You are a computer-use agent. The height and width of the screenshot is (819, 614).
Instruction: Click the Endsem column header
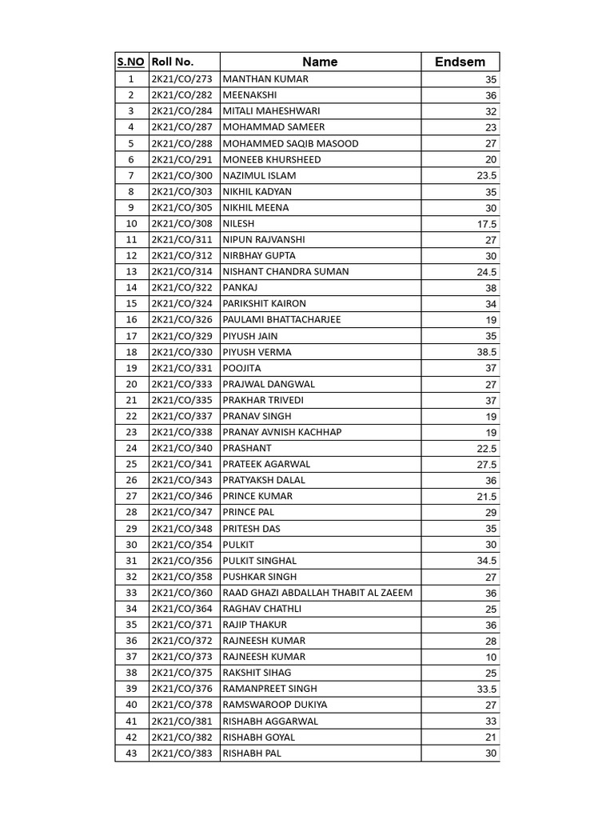pos(460,62)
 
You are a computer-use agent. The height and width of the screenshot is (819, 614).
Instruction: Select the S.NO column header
pos(131,62)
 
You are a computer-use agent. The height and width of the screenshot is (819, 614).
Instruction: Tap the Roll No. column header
pos(173,62)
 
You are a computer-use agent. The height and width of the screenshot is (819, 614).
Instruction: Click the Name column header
pos(320,62)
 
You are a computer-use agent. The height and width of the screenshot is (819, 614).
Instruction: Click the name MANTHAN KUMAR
pos(265,79)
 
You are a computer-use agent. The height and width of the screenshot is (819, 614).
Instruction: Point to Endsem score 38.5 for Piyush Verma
pos(487,352)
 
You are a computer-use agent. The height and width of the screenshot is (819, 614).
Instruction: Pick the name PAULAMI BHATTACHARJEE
pos(281,319)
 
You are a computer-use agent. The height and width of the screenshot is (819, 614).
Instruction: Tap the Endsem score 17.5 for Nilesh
pos(487,224)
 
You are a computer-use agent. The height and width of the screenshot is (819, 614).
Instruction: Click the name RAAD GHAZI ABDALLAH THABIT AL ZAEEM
pos(317,593)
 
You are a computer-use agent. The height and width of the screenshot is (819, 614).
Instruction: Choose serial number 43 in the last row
pos(131,753)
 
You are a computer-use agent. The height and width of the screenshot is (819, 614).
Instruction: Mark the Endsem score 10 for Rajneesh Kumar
pos(490,657)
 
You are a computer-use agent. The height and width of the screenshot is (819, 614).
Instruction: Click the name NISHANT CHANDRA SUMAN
pos(285,271)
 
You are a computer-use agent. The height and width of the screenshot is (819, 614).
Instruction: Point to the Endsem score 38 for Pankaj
pos(490,288)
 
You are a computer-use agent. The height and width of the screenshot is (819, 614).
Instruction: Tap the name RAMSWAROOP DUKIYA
pos(274,705)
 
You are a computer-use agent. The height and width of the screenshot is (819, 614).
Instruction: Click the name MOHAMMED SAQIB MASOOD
pos(290,143)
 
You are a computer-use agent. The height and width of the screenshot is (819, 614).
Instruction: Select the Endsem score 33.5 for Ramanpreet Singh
pos(487,689)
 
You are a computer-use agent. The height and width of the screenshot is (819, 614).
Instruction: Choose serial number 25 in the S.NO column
pos(131,464)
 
